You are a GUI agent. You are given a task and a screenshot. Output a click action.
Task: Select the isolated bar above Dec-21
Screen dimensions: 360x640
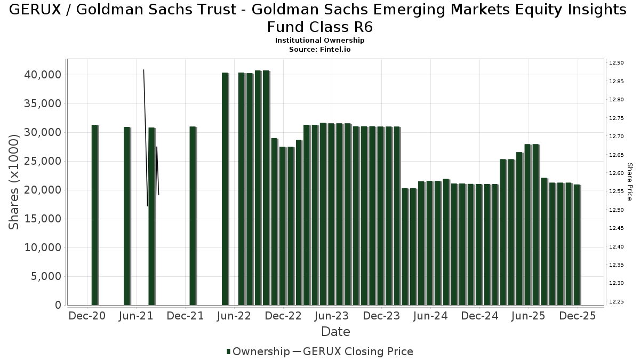click(193, 215)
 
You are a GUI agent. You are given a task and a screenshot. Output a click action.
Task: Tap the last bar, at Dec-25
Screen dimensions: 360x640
click(577, 245)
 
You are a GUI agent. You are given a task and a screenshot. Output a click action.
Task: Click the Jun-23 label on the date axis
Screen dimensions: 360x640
click(332, 316)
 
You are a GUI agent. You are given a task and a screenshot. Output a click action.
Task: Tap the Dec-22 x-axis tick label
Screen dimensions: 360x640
click(283, 316)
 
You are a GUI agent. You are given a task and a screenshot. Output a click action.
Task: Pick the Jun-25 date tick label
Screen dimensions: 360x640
click(528, 316)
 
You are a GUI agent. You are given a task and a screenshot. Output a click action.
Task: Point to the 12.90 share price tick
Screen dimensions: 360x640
click(616, 63)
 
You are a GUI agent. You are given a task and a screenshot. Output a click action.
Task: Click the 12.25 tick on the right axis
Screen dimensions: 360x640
click(616, 302)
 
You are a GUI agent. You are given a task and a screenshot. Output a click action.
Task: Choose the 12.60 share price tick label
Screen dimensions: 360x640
click(616, 173)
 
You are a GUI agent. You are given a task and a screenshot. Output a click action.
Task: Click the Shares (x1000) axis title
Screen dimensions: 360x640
click(14, 182)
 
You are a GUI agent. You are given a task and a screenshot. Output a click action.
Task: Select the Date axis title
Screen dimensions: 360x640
click(335, 332)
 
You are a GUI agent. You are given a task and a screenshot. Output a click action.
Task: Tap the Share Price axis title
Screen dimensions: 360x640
click(630, 182)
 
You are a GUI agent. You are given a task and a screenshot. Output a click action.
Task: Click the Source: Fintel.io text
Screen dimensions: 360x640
click(319, 49)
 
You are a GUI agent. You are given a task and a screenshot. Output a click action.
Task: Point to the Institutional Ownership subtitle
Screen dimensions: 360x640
click(319, 41)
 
